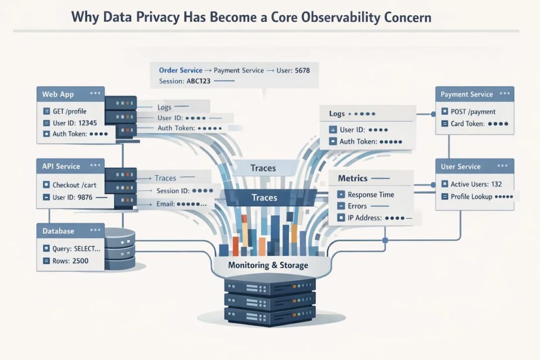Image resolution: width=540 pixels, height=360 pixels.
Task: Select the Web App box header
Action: click(70, 94)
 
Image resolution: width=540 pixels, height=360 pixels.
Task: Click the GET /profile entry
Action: click(69, 111)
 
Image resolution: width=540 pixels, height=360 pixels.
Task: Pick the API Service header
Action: click(70, 166)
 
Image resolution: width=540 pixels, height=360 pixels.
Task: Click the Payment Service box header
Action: click(474, 94)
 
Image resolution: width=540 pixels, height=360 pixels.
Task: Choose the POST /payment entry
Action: click(472, 112)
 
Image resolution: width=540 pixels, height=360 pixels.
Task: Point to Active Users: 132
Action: click(475, 184)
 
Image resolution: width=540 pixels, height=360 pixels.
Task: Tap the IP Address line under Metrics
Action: click(368, 217)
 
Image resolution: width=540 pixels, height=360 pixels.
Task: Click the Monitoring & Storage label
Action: click(268, 265)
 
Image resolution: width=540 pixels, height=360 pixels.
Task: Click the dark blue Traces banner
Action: click(264, 198)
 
